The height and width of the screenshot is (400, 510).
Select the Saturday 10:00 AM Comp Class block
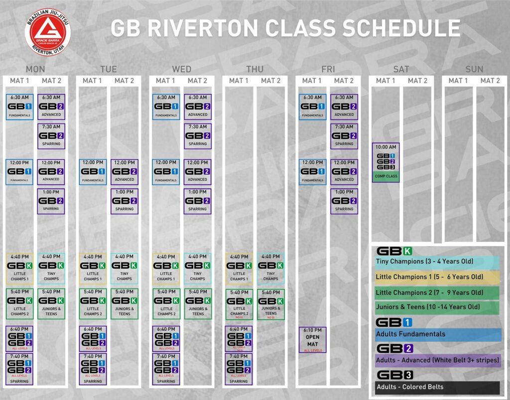click(x=385, y=162)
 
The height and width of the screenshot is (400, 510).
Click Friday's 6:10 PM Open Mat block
click(x=312, y=340)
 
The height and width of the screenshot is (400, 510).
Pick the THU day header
click(x=255, y=69)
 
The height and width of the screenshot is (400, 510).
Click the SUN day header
click(x=474, y=69)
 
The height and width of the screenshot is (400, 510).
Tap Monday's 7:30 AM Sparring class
click(x=51, y=135)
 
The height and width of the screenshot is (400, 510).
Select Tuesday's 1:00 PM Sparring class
click(x=124, y=200)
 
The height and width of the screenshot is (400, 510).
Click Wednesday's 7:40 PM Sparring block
click(x=166, y=369)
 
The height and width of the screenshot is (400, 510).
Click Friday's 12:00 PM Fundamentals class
click(x=312, y=172)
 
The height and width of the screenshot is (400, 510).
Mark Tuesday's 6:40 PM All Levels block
click(x=93, y=339)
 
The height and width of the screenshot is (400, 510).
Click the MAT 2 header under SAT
click(x=417, y=81)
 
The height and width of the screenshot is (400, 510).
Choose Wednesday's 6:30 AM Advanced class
click(x=198, y=106)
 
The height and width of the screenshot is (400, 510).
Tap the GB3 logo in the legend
click(x=394, y=375)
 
